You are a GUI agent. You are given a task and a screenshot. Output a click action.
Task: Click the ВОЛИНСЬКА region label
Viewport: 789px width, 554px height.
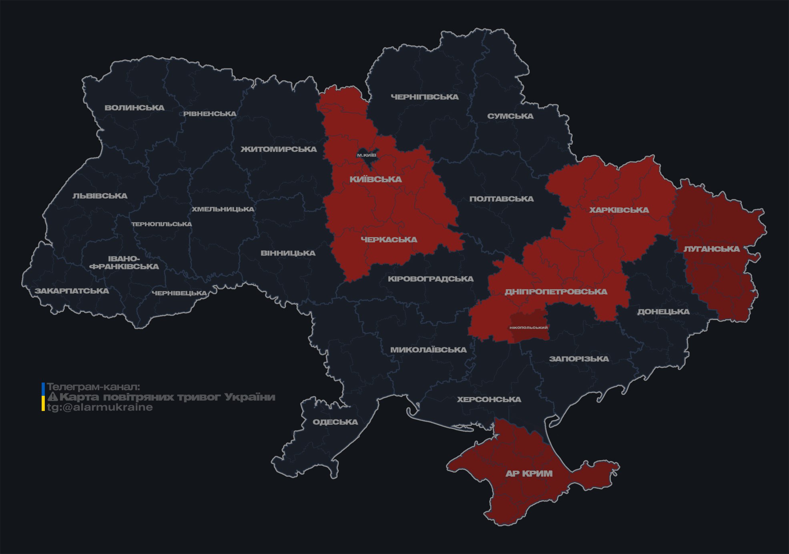pyautogui.click(x=135, y=108)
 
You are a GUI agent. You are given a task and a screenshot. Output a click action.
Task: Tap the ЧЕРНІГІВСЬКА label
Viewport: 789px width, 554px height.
pyautogui.click(x=424, y=97)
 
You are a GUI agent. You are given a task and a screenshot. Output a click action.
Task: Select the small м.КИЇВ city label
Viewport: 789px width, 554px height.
pyautogui.click(x=367, y=155)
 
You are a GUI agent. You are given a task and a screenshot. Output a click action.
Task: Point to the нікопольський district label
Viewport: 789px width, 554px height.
pyautogui.click(x=528, y=327)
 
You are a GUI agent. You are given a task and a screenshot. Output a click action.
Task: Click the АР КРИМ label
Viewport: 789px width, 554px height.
pyautogui.click(x=529, y=473)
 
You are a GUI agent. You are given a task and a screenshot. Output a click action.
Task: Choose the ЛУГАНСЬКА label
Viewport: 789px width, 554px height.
pyautogui.click(x=711, y=249)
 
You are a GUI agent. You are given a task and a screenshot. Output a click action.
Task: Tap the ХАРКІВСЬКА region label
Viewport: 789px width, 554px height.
pyautogui.click(x=619, y=210)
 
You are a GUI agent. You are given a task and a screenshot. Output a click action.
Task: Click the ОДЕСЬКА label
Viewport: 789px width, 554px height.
pyautogui.click(x=335, y=422)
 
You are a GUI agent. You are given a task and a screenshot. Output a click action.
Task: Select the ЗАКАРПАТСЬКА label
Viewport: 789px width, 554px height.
pyautogui.click(x=72, y=291)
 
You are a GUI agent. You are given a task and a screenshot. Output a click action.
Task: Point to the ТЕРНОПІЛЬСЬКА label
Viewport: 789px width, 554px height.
pyautogui.click(x=162, y=224)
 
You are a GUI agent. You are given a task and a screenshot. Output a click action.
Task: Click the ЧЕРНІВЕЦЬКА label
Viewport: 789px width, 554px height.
pyautogui.click(x=179, y=293)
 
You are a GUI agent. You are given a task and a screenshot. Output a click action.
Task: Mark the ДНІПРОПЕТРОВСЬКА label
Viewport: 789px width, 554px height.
pyautogui.click(x=556, y=292)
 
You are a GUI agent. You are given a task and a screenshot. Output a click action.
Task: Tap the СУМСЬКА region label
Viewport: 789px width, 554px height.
pyautogui.click(x=510, y=116)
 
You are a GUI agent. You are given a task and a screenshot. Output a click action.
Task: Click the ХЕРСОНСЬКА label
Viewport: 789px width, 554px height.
pyautogui.click(x=489, y=399)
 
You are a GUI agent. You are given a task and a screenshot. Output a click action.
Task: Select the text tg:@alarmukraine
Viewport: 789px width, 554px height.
pyautogui.click(x=100, y=407)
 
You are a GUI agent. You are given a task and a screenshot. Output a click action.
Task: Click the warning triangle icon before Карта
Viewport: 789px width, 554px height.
pyautogui.click(x=53, y=397)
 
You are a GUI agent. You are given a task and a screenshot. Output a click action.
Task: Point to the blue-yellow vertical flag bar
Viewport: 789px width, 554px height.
pyautogui.click(x=43, y=397)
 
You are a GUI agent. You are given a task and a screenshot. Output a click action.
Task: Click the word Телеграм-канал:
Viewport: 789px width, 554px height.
pyautogui.click(x=93, y=387)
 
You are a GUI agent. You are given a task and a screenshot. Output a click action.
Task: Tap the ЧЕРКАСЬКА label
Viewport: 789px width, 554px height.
pyautogui.click(x=389, y=240)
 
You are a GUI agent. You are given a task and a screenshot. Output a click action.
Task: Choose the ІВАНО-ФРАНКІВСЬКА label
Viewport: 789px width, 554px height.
pyautogui.click(x=124, y=262)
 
